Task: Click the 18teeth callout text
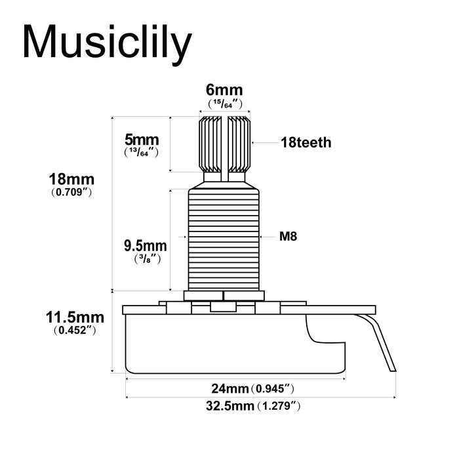coord(306,142)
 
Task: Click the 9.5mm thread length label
coord(145,247)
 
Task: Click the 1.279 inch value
coord(279,406)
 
